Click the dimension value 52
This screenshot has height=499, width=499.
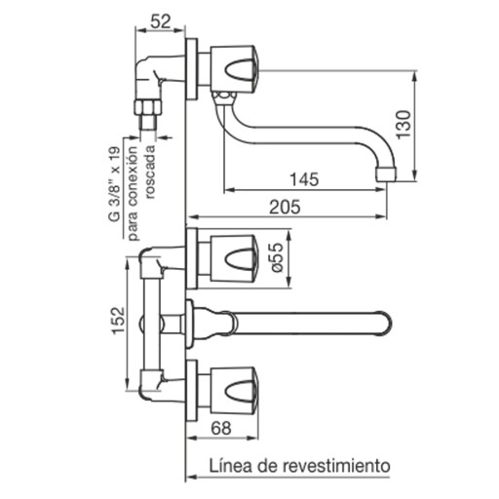[x=161, y=22]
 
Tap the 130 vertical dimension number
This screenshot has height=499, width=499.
[x=403, y=125]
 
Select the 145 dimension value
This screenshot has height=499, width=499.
[x=304, y=179]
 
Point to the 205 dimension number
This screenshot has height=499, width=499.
[x=285, y=207]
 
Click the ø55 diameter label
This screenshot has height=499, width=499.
[x=277, y=257]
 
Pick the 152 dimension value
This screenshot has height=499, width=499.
[x=118, y=320]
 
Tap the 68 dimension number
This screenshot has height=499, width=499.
[x=221, y=428]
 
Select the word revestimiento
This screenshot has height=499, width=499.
[x=336, y=466]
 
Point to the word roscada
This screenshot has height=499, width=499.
[x=151, y=172]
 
